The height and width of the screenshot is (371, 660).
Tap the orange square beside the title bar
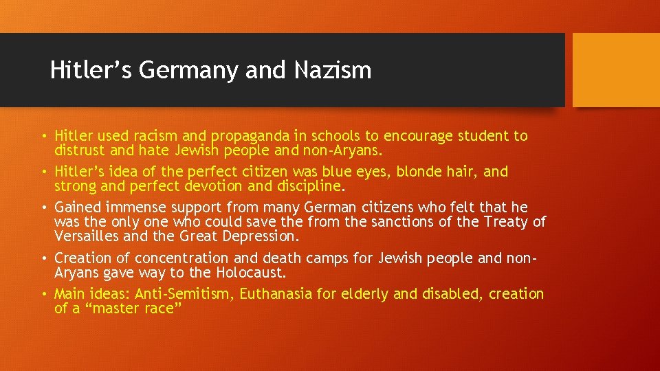pyautogui.click(x=616, y=70)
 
